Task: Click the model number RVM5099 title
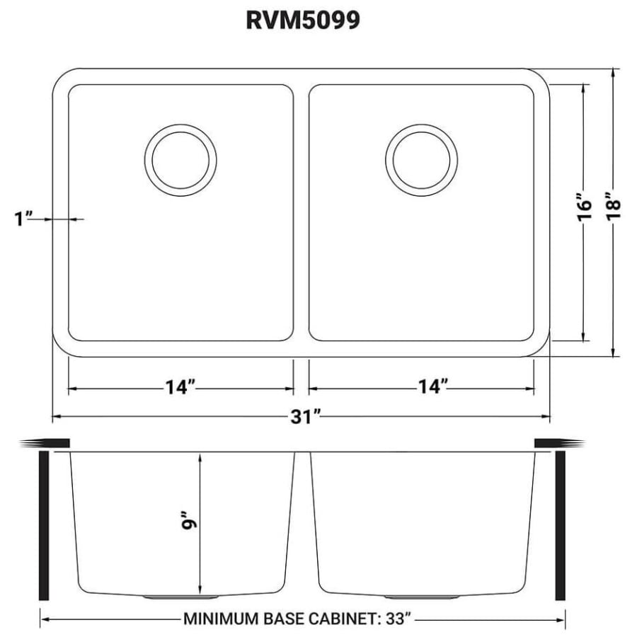click(303, 20)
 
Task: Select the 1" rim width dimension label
click(23, 219)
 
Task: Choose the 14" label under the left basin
click(180, 387)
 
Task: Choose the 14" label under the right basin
click(433, 386)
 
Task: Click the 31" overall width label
click(306, 417)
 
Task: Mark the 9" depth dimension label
click(189, 520)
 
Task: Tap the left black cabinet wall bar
click(44, 525)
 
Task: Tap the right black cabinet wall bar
click(561, 525)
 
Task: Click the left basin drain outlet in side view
click(180, 597)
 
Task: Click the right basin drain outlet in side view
click(422, 597)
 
